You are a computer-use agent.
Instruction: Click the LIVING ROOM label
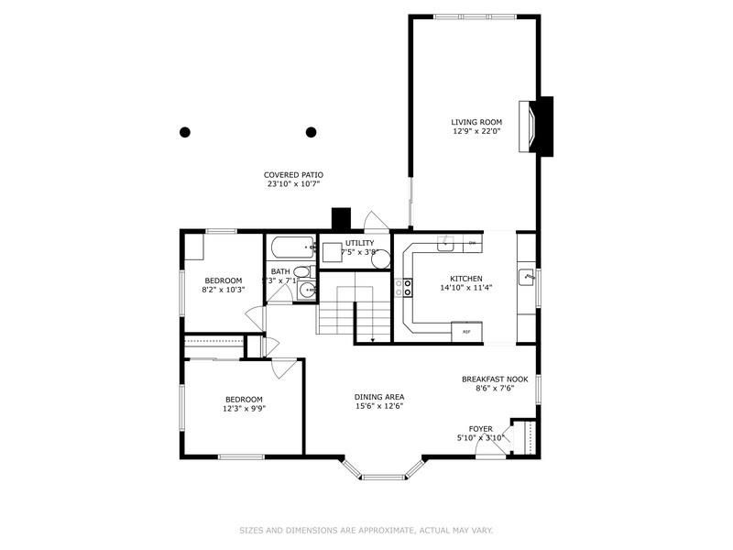tap(476, 122)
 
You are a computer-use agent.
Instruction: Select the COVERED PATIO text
tap(293, 174)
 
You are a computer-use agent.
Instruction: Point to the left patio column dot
tap(184, 132)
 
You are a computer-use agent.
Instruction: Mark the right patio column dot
tap(312, 132)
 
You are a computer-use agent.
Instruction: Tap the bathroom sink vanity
tap(307, 291)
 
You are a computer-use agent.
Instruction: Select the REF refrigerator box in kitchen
tap(466, 331)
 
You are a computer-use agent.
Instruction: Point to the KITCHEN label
tap(465, 279)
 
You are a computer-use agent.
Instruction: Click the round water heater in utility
tap(381, 259)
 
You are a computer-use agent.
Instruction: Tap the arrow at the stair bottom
tap(373, 340)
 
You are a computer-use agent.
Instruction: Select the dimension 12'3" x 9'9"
tap(244, 409)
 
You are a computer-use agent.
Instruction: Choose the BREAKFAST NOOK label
tap(495, 379)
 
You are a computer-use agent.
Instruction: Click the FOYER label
tap(481, 428)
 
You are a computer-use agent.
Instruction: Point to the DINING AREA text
tap(379, 397)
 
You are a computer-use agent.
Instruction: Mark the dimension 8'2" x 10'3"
tap(223, 290)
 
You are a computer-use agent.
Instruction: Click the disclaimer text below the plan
tap(366, 529)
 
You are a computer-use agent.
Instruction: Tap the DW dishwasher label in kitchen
tap(472, 243)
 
